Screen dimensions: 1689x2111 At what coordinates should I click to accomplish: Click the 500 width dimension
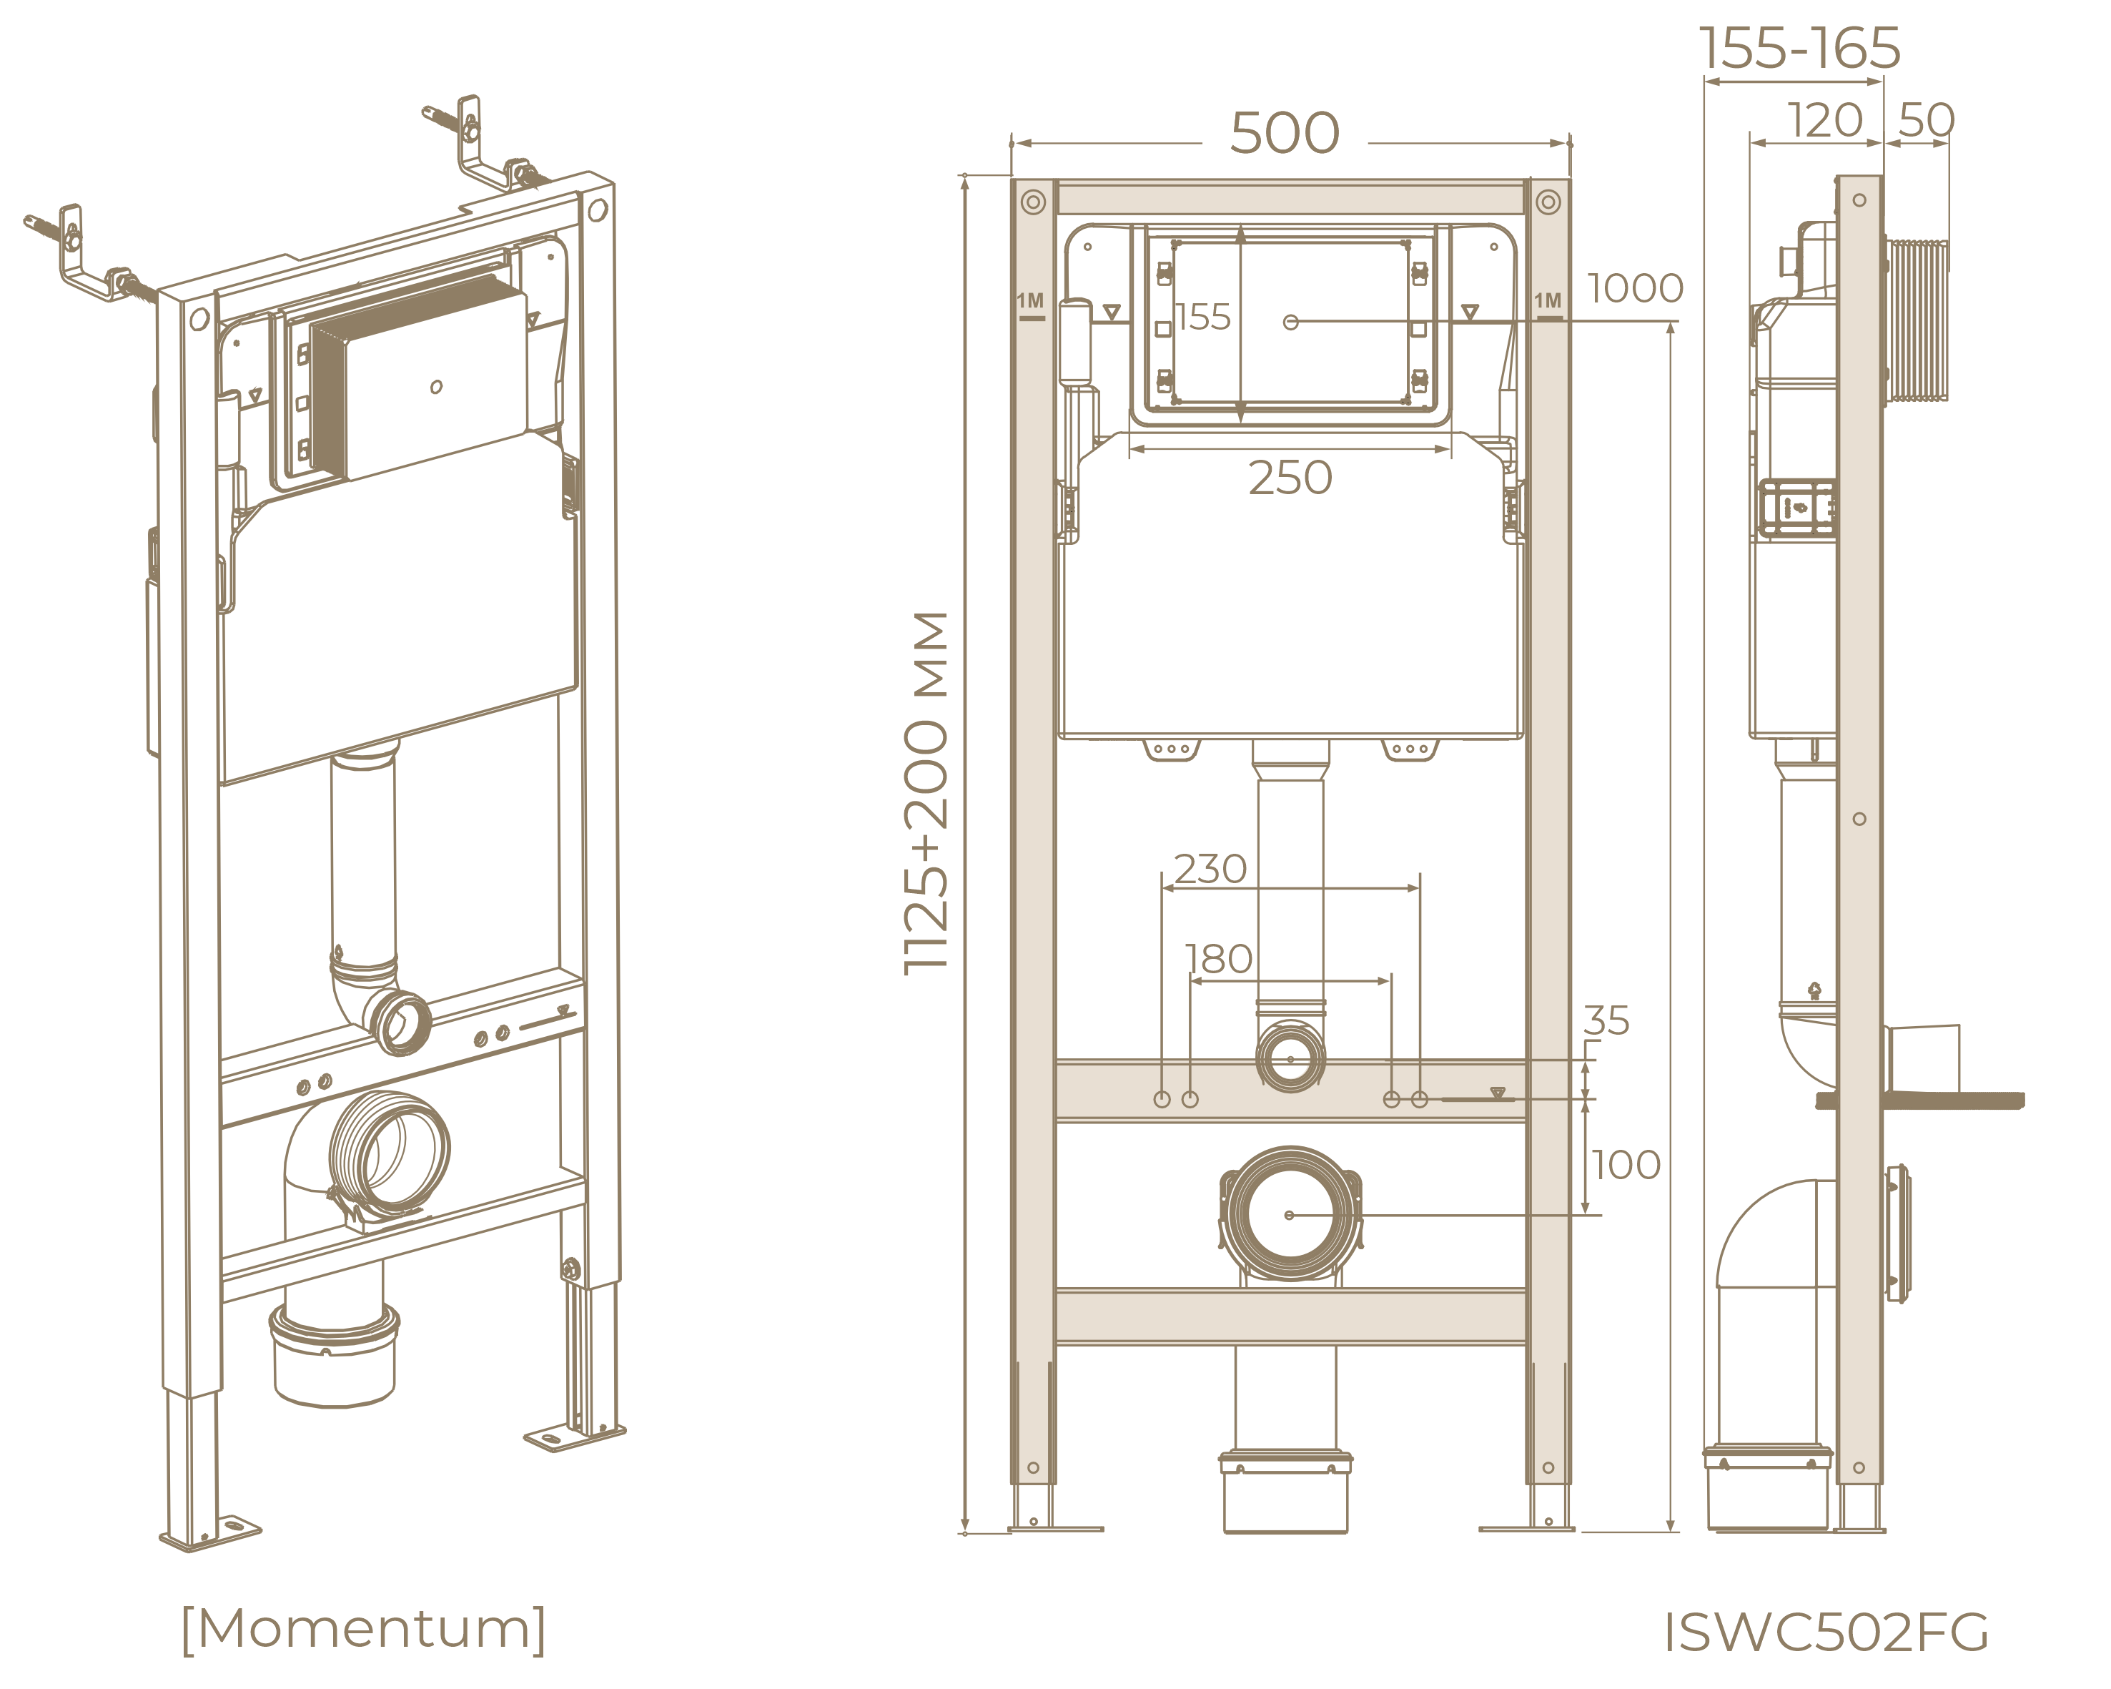coord(1284,133)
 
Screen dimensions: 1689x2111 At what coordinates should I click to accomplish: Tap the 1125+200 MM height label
coord(926,793)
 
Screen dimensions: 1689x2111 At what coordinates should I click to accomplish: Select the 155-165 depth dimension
coord(1799,49)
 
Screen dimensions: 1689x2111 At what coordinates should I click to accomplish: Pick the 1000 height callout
coord(1634,289)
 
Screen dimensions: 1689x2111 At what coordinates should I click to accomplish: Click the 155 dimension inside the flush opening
coord(1202,317)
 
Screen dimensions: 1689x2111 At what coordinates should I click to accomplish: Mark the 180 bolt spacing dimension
coord(1218,960)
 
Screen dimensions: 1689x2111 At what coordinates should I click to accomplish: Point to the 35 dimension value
coord(1606,1021)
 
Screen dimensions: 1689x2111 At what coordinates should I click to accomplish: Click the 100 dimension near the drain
coord(1626,1165)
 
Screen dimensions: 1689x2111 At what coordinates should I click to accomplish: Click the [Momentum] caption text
coord(363,1629)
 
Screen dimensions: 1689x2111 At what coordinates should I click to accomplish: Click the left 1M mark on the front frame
coord(1030,302)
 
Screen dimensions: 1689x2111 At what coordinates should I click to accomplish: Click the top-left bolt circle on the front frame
coord(1033,202)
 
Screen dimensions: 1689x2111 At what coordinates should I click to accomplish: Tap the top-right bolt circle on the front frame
coord(1548,202)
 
